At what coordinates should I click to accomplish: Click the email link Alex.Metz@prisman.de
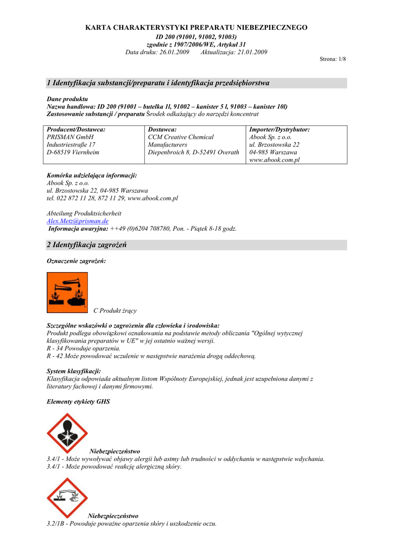78,222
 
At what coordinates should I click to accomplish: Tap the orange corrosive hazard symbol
67,293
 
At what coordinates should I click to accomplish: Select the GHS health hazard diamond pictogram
67,433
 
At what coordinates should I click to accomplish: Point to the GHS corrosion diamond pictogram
67,497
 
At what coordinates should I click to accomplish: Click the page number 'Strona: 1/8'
333,59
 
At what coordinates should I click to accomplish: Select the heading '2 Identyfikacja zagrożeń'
87,245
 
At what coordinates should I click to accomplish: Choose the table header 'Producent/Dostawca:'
76,130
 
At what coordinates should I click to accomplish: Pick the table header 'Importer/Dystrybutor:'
279,130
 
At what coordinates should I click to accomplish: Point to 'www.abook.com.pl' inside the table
274,160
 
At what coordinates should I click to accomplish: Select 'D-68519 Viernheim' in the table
73,153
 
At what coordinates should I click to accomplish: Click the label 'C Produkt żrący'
115,311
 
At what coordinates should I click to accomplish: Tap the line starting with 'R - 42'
151,356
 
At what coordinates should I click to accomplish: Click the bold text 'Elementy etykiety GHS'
78,402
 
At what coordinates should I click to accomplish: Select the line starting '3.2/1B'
132,523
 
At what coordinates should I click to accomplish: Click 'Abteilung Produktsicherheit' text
84,214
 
